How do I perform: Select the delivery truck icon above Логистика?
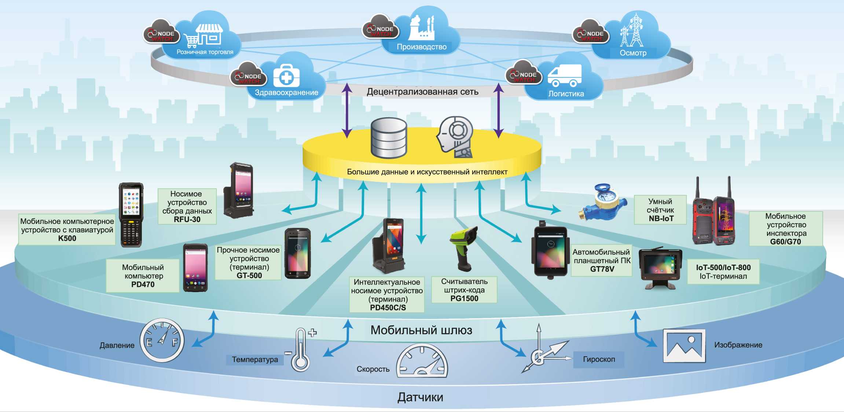564,75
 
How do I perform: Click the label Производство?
422,47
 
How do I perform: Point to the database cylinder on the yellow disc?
389,138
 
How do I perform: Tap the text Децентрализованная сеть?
422,92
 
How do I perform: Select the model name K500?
67,238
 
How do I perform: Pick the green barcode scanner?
464,247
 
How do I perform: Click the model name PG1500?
464,298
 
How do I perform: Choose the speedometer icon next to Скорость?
422,361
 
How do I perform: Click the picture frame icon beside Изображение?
684,346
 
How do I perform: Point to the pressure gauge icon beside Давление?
162,341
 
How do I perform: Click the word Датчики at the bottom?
420,397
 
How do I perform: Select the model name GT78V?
602,269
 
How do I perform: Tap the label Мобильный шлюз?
421,330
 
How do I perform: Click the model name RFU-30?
187,219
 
